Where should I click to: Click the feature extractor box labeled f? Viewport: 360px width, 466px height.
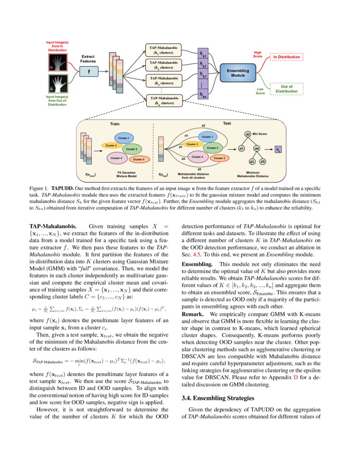click(89, 72)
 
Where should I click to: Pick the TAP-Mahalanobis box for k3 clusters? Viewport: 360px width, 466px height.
click(163, 80)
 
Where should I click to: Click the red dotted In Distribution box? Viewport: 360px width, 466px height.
click(287, 57)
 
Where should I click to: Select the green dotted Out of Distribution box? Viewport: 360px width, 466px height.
click(287, 89)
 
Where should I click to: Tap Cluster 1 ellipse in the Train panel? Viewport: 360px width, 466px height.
click(124, 138)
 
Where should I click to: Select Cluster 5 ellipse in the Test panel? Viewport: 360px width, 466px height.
click(219, 158)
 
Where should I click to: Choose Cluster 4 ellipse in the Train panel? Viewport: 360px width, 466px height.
click(116, 158)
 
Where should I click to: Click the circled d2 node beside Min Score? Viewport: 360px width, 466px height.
click(248, 134)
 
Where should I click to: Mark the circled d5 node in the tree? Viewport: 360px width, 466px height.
click(263, 162)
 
